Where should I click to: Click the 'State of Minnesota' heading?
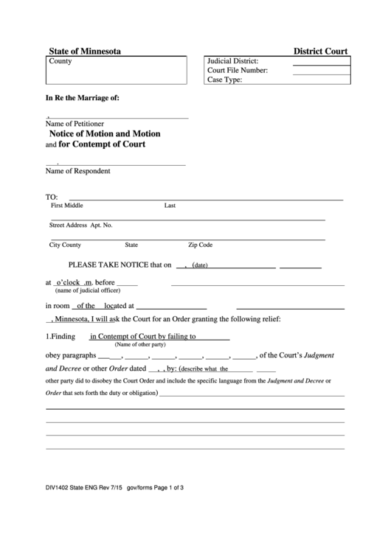pos(85,51)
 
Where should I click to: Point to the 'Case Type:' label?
pos(225,80)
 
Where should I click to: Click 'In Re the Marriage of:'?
pos(82,98)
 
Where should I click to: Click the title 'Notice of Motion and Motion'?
pos(105,134)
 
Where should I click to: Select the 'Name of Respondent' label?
pos(78,171)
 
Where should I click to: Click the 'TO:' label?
pos(52,198)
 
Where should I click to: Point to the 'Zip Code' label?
pos(200,244)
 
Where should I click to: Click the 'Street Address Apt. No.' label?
pos(80,225)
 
